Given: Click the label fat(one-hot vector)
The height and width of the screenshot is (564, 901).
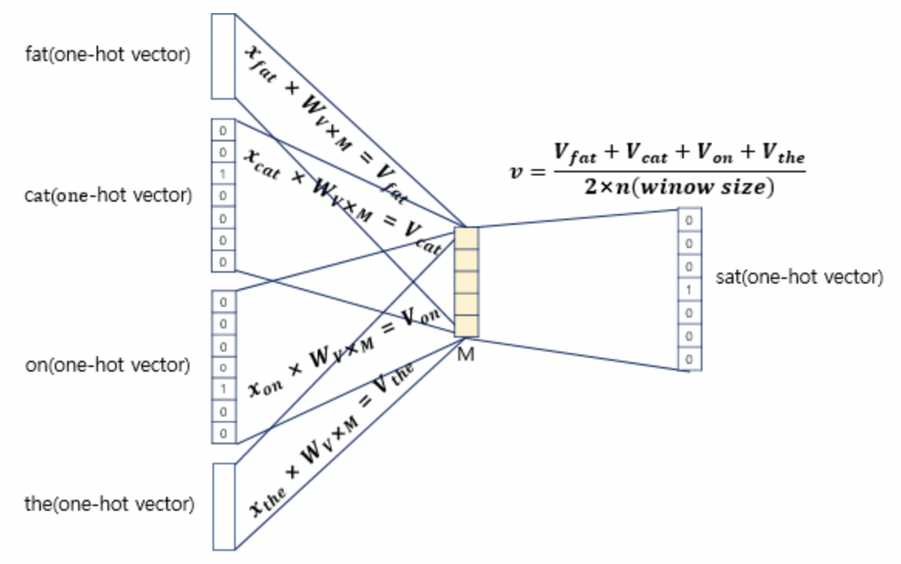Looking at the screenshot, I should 107,56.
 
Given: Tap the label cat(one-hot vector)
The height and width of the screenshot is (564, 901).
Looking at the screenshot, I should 108,195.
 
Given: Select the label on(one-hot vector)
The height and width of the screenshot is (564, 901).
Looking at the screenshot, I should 107,365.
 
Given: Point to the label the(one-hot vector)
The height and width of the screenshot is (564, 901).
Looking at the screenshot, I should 109,505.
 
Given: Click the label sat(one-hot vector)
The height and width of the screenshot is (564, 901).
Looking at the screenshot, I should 799,277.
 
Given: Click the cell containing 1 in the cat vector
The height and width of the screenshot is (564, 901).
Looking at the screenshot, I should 223,174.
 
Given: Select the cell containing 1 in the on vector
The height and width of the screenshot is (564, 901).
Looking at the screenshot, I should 223,389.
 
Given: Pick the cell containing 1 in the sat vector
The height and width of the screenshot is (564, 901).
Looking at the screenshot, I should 689,290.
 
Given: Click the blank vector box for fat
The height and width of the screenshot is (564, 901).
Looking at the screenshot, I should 223,56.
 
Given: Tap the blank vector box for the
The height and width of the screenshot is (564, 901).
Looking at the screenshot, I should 223,507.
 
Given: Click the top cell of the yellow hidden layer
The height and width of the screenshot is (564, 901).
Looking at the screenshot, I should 466,238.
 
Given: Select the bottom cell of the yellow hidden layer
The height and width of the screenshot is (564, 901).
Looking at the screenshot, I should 466,326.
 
